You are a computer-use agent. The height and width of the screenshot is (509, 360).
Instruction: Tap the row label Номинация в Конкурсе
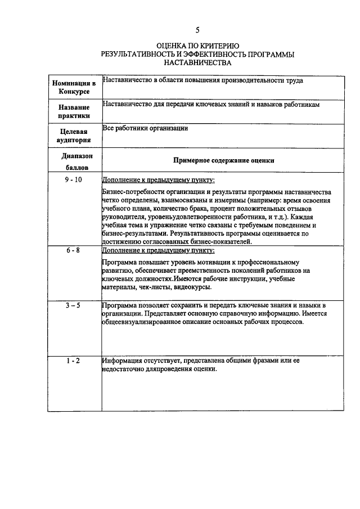click(74, 88)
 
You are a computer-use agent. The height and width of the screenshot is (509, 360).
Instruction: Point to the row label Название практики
click(74, 111)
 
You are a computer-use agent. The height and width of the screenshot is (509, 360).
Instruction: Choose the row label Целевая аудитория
click(74, 136)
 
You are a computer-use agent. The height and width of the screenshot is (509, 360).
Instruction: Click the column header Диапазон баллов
click(74, 160)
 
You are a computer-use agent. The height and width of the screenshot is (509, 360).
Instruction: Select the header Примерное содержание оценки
click(223, 160)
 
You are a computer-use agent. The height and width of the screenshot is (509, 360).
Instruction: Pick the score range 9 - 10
click(73, 179)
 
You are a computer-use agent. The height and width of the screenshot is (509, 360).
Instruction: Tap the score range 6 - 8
click(73, 250)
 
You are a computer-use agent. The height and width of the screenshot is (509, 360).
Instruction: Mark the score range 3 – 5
click(73, 305)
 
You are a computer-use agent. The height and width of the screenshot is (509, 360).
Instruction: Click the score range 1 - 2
click(73, 361)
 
